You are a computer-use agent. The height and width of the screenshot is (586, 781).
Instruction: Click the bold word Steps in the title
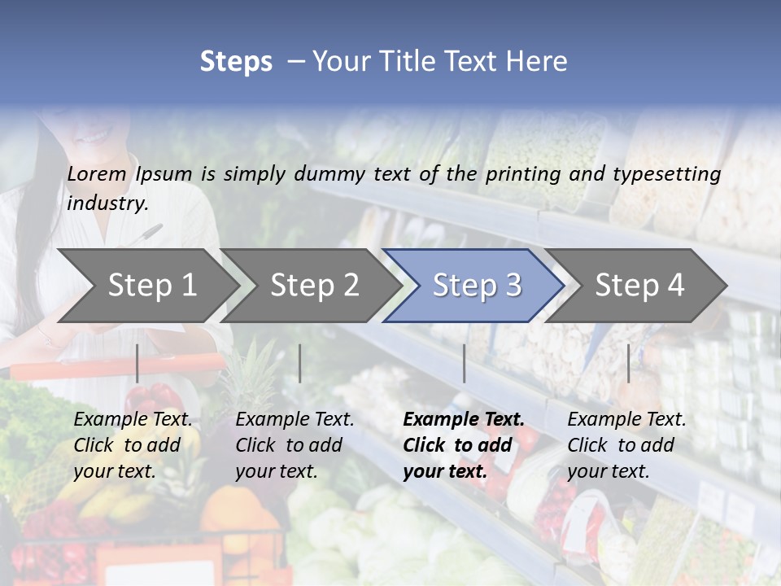pyautogui.click(x=236, y=62)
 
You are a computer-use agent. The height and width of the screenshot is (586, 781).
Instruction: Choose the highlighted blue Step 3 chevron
pyautogui.click(x=477, y=285)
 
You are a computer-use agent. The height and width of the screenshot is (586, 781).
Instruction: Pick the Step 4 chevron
pyautogui.click(x=639, y=285)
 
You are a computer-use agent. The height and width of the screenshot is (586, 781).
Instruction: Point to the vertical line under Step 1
pyautogui.click(x=137, y=363)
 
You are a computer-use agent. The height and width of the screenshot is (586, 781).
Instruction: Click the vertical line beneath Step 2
pyautogui.click(x=300, y=363)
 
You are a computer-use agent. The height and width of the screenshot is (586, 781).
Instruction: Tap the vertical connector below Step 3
pyautogui.click(x=465, y=363)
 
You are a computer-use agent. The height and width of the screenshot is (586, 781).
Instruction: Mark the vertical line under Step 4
pyautogui.click(x=628, y=363)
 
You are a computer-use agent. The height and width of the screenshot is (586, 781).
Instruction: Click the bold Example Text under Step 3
pyautogui.click(x=464, y=420)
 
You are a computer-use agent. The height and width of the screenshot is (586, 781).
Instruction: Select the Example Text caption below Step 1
pyautogui.click(x=133, y=420)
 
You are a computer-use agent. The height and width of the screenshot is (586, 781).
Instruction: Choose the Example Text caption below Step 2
pyautogui.click(x=295, y=420)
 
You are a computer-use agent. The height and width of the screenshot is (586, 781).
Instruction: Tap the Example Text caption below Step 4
pyautogui.click(x=626, y=420)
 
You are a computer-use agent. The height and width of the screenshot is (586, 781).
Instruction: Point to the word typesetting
pyautogui.click(x=666, y=174)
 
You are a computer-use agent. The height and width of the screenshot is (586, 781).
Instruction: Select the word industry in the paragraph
pyautogui.click(x=107, y=203)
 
